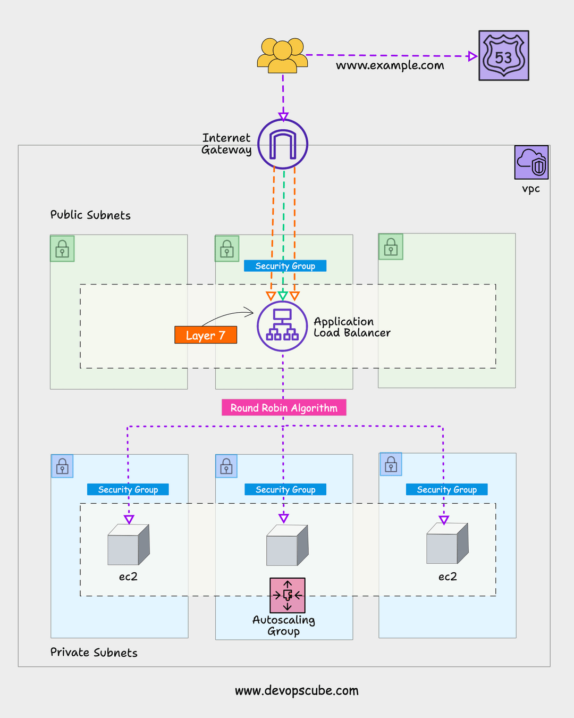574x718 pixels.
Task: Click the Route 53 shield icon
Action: (503, 56)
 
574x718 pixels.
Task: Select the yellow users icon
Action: (282, 55)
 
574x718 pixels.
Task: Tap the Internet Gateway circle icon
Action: (283, 144)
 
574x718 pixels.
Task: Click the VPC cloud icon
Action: (531, 162)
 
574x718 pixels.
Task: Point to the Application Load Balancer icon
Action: (282, 326)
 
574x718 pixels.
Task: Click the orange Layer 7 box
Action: (206, 335)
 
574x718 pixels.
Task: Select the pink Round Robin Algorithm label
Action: (284, 408)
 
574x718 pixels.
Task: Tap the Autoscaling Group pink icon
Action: (287, 595)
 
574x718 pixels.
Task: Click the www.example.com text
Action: (390, 65)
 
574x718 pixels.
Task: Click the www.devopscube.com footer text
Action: (297, 691)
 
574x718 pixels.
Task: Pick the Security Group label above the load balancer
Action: (285, 266)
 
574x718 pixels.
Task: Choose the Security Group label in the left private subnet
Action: (128, 489)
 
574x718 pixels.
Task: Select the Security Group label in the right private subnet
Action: (446, 489)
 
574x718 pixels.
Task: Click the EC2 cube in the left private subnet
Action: (128, 545)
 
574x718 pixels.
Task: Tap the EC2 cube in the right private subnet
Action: (447, 544)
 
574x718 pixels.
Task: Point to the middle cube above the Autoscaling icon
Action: (287, 545)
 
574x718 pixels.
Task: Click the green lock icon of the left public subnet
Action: (62, 249)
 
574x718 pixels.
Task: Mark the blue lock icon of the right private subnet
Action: (391, 465)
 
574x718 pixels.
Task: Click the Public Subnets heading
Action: (90, 215)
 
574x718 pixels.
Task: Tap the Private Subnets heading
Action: (94, 653)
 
